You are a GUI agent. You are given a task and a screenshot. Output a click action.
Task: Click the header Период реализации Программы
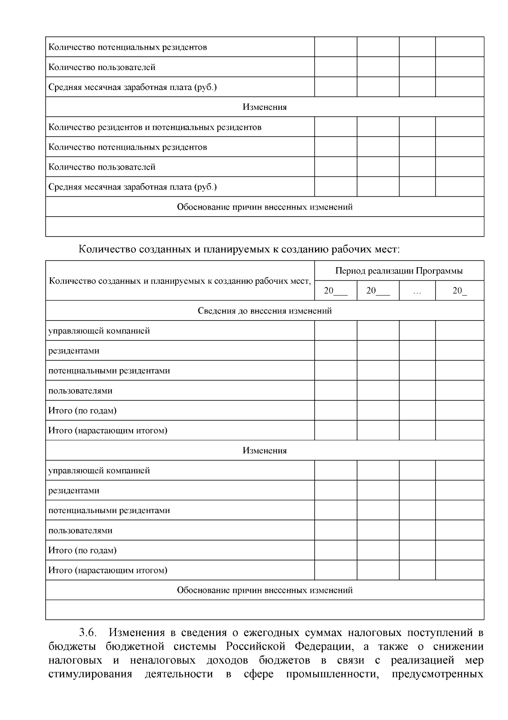(x=399, y=271)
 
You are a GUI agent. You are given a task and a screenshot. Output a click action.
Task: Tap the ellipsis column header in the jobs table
(x=417, y=291)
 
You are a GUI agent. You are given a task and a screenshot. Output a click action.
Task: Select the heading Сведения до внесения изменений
(x=265, y=311)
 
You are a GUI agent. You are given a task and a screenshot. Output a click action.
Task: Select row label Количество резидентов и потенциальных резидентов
(x=155, y=127)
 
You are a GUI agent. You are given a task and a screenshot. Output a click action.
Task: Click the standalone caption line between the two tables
(x=239, y=249)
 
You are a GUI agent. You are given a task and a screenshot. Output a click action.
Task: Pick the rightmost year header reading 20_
(x=459, y=291)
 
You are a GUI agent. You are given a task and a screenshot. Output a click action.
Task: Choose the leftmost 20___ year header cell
(x=336, y=291)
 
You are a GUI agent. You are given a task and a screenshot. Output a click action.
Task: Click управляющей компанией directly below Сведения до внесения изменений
(x=99, y=331)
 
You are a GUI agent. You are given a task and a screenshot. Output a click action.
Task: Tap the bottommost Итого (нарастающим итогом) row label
(x=108, y=570)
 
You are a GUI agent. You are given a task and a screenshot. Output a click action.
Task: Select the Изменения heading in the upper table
(x=265, y=107)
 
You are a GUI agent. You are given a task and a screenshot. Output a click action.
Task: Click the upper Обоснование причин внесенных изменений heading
(x=265, y=207)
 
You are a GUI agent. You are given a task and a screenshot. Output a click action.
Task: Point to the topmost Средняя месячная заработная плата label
(x=133, y=87)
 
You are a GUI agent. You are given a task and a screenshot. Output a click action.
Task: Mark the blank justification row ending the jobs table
(x=265, y=610)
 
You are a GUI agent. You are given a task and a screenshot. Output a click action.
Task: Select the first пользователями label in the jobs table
(x=80, y=391)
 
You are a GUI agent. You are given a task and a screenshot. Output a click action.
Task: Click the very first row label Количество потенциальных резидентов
(x=128, y=47)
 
